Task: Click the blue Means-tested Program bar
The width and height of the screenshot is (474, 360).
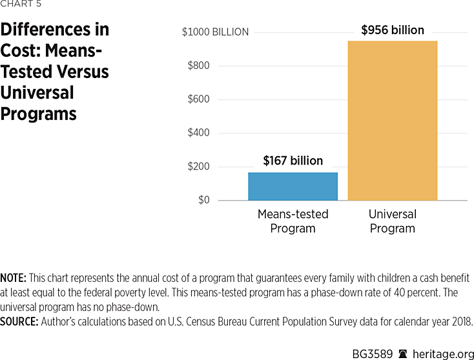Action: [293, 186]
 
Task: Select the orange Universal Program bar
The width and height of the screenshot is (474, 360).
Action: [393, 121]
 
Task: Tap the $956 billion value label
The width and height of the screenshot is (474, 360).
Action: [393, 30]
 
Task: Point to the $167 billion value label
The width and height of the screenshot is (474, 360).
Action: [293, 161]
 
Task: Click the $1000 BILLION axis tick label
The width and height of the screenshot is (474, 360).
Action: [215, 32]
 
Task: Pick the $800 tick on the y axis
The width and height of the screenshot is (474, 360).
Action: [198, 66]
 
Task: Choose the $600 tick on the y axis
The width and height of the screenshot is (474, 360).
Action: [198, 99]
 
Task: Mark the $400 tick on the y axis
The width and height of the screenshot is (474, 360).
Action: [198, 133]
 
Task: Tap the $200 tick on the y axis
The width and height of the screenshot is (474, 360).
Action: [198, 166]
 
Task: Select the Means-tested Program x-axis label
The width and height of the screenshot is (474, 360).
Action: [293, 221]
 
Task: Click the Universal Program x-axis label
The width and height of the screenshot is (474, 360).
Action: [393, 221]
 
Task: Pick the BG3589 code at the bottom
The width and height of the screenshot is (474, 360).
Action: [373, 352]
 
